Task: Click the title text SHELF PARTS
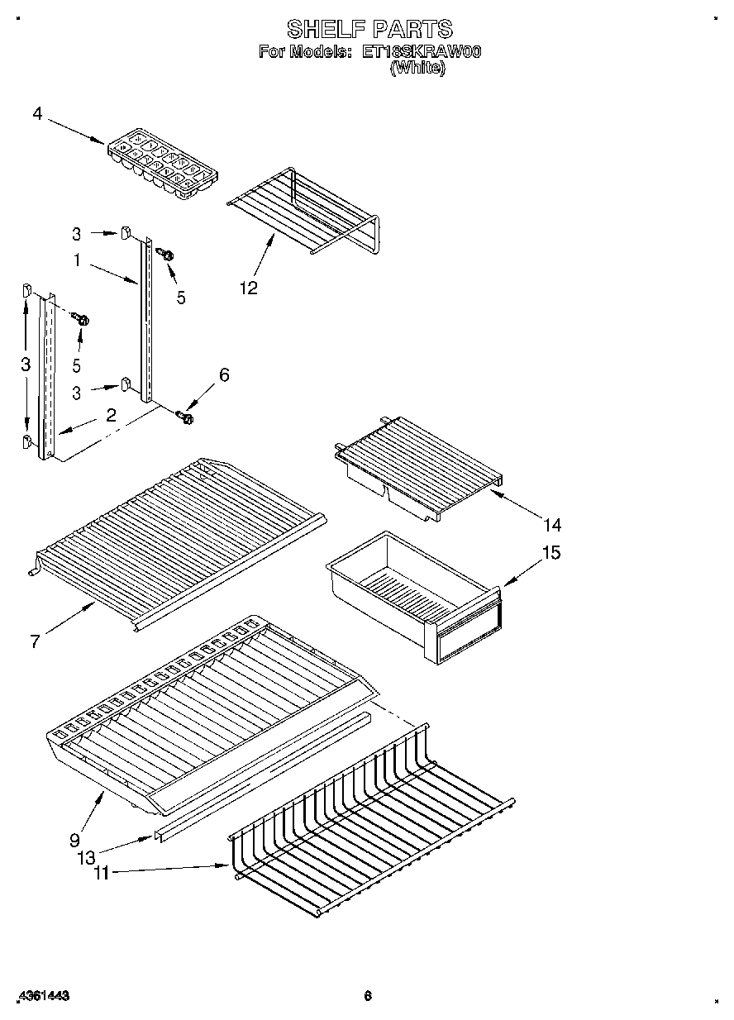(369, 30)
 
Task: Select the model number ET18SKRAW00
(422, 52)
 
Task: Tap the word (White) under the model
(417, 69)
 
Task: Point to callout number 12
(249, 288)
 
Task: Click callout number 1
(77, 260)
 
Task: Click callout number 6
(223, 374)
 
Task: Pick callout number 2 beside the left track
(111, 415)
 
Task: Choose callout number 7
(35, 641)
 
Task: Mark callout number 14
(552, 524)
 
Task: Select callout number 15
(551, 552)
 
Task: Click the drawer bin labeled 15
(413, 591)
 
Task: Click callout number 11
(101, 872)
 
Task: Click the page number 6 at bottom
(368, 996)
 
